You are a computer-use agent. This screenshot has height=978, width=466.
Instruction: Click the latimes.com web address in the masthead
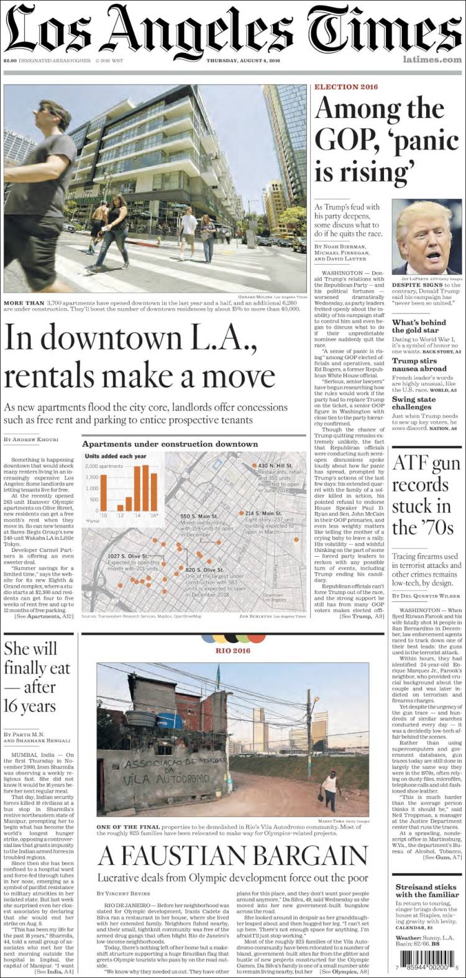432,60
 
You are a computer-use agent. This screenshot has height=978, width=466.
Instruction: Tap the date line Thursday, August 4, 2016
244,60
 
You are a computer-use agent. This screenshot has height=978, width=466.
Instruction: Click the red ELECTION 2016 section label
345,87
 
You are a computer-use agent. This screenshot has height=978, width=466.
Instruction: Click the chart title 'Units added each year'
116,456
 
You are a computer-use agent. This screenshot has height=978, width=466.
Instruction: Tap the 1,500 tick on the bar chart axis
92,477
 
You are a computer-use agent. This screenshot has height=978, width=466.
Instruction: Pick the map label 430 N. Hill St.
275,465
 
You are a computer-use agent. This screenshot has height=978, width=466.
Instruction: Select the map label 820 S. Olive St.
204,569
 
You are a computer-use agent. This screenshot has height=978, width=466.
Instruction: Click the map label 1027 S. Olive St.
127,556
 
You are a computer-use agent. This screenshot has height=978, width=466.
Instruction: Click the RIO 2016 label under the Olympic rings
233,651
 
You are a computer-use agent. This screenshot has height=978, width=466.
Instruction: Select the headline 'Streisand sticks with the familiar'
426,891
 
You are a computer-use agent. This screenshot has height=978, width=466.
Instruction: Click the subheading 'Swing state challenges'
413,403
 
